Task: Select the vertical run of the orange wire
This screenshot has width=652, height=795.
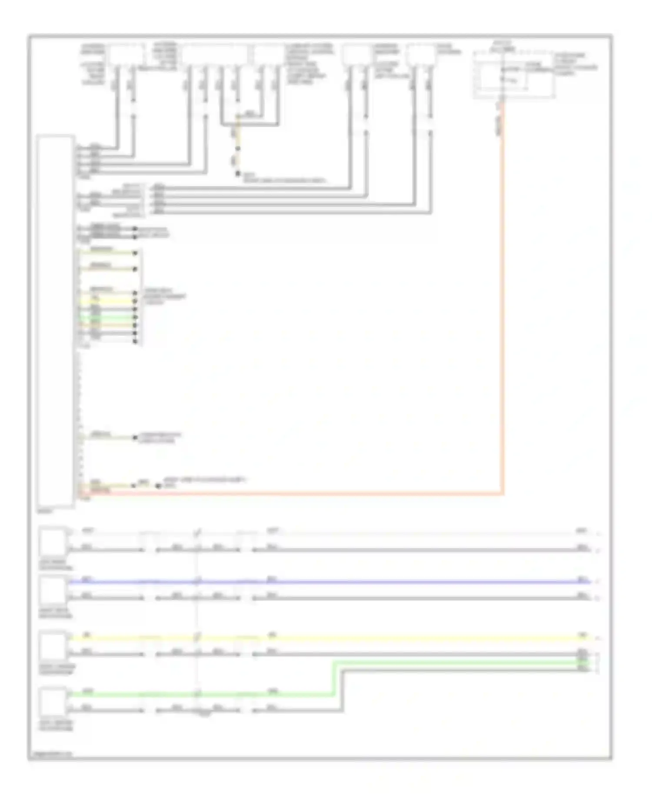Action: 502,304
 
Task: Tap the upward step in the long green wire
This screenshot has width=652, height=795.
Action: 334,678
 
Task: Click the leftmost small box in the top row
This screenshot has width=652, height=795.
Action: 126,55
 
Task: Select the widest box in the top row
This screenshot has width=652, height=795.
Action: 214,55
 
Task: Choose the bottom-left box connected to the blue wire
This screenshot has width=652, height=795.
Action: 53,590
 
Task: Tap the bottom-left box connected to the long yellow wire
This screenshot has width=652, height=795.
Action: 53,646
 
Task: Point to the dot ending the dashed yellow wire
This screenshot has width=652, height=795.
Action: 238,174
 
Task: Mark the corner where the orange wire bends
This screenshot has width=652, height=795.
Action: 502,494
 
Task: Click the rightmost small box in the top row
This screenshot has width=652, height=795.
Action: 421,55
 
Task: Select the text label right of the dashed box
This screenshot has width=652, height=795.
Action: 576,64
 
